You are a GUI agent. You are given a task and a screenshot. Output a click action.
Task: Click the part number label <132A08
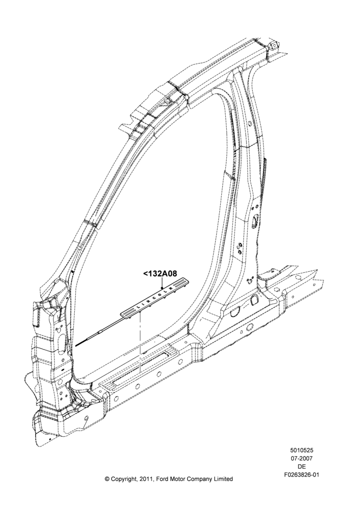pos(160,274)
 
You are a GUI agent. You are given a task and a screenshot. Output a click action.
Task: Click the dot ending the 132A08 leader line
pos(162,288)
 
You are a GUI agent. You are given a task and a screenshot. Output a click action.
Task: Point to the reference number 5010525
pos(302,450)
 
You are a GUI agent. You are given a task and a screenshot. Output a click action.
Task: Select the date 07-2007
pos(302,458)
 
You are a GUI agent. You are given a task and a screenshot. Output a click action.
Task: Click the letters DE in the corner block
pos(302,467)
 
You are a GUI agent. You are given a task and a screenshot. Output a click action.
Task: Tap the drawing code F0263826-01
pos(302,475)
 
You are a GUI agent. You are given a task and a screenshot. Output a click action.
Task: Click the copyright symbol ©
pos(107,479)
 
